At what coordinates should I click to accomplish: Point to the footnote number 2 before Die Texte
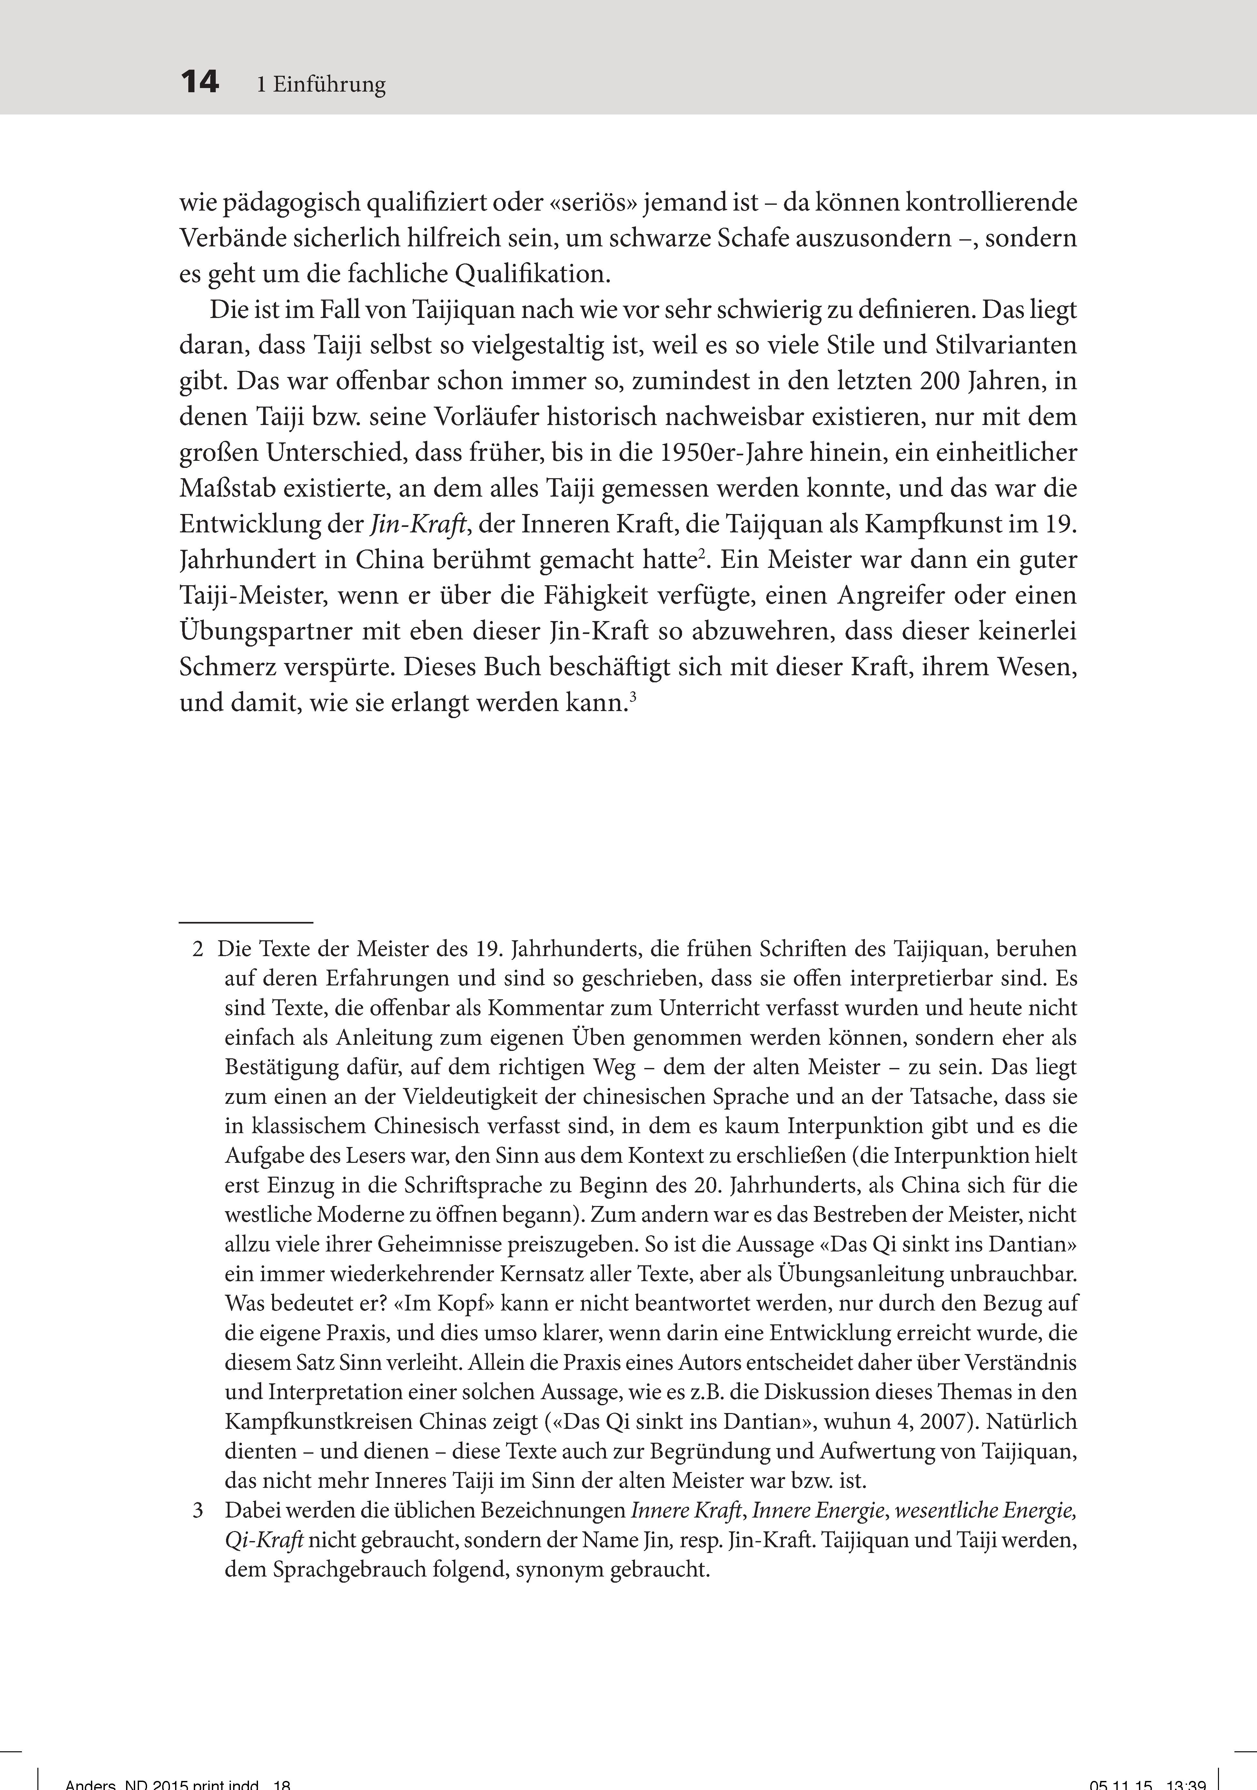pos(198,950)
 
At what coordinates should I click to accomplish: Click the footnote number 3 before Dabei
pos(198,1511)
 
